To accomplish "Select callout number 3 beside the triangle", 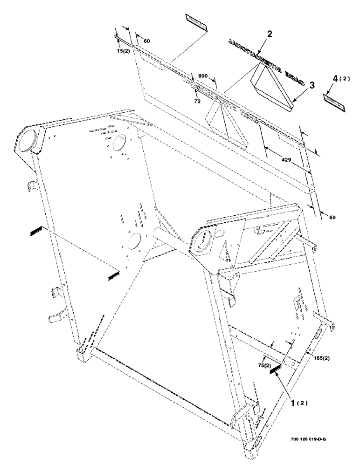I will tap(311, 85).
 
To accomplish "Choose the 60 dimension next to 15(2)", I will tap(146, 41).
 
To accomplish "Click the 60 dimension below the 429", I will tap(332, 218).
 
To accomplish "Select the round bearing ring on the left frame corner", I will tap(26, 141).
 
